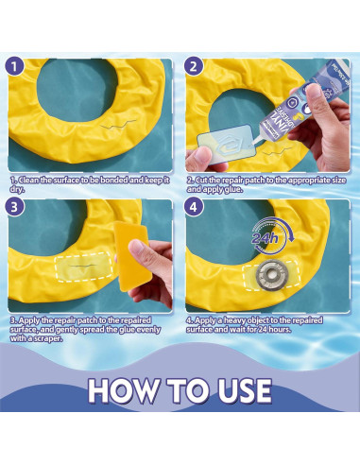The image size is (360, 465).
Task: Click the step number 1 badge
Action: (x=14, y=67)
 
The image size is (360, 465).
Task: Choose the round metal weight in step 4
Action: (x=276, y=274)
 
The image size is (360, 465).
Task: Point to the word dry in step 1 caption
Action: (x=18, y=186)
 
